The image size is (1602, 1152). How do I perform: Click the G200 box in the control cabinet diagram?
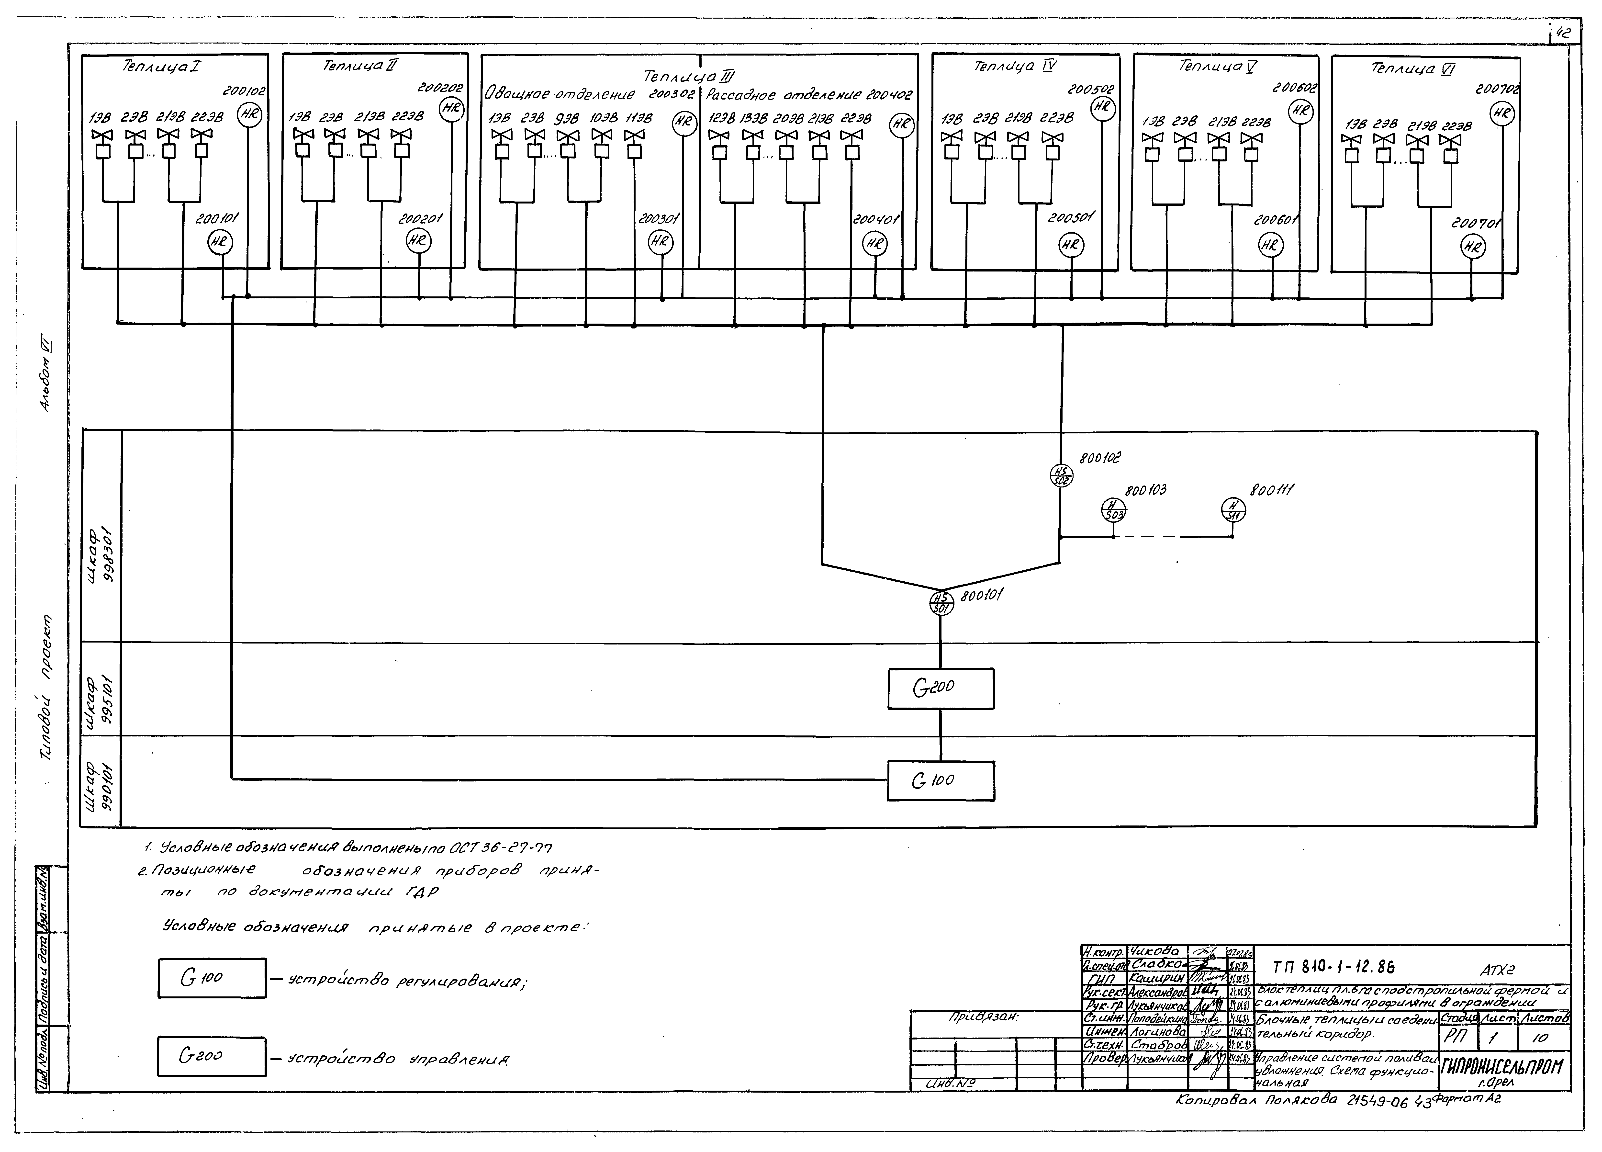(x=940, y=689)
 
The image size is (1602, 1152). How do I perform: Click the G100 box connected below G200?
(x=940, y=780)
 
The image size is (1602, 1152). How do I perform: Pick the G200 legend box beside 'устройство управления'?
(x=212, y=1056)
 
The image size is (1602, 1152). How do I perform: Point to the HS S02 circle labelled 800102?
(x=1060, y=475)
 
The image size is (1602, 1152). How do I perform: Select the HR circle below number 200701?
(x=1473, y=247)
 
